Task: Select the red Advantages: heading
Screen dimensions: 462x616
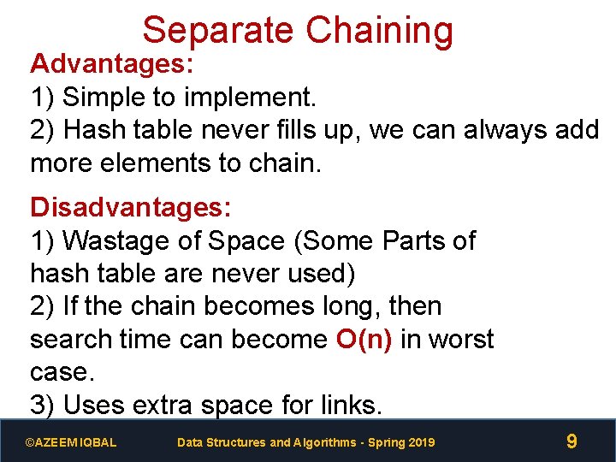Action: coord(113,64)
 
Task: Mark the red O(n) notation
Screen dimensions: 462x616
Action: coord(364,340)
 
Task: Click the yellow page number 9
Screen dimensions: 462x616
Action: coord(572,441)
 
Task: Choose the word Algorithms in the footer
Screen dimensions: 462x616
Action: coord(327,442)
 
